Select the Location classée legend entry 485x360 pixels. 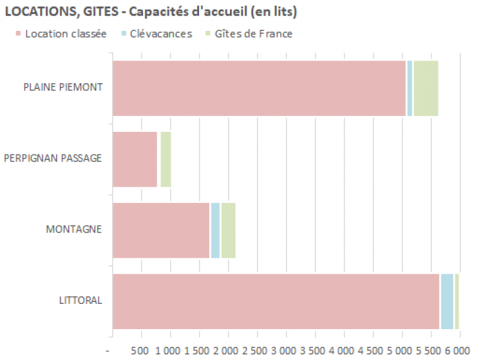pos(61,33)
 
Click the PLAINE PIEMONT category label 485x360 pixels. pos(63,87)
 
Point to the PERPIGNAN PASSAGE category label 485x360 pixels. pos(53,158)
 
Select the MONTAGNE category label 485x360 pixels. pos(74,229)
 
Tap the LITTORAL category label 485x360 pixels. pos(80,300)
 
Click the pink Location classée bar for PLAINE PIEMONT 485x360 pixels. pos(259,88)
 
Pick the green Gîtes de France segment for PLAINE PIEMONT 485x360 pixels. pos(426,88)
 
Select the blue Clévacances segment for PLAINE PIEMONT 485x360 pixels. pos(409,88)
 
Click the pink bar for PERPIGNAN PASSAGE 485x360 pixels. pos(135,160)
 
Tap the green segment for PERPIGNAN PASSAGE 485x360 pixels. pos(166,160)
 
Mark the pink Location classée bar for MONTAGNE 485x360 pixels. pos(161,230)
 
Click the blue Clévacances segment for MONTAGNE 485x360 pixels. pos(215,230)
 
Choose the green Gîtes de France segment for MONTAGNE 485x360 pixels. pos(229,230)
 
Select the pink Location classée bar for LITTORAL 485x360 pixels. pos(276,301)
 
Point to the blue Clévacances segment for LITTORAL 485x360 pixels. pos(447,301)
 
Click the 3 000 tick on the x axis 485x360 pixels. pos(286,350)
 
